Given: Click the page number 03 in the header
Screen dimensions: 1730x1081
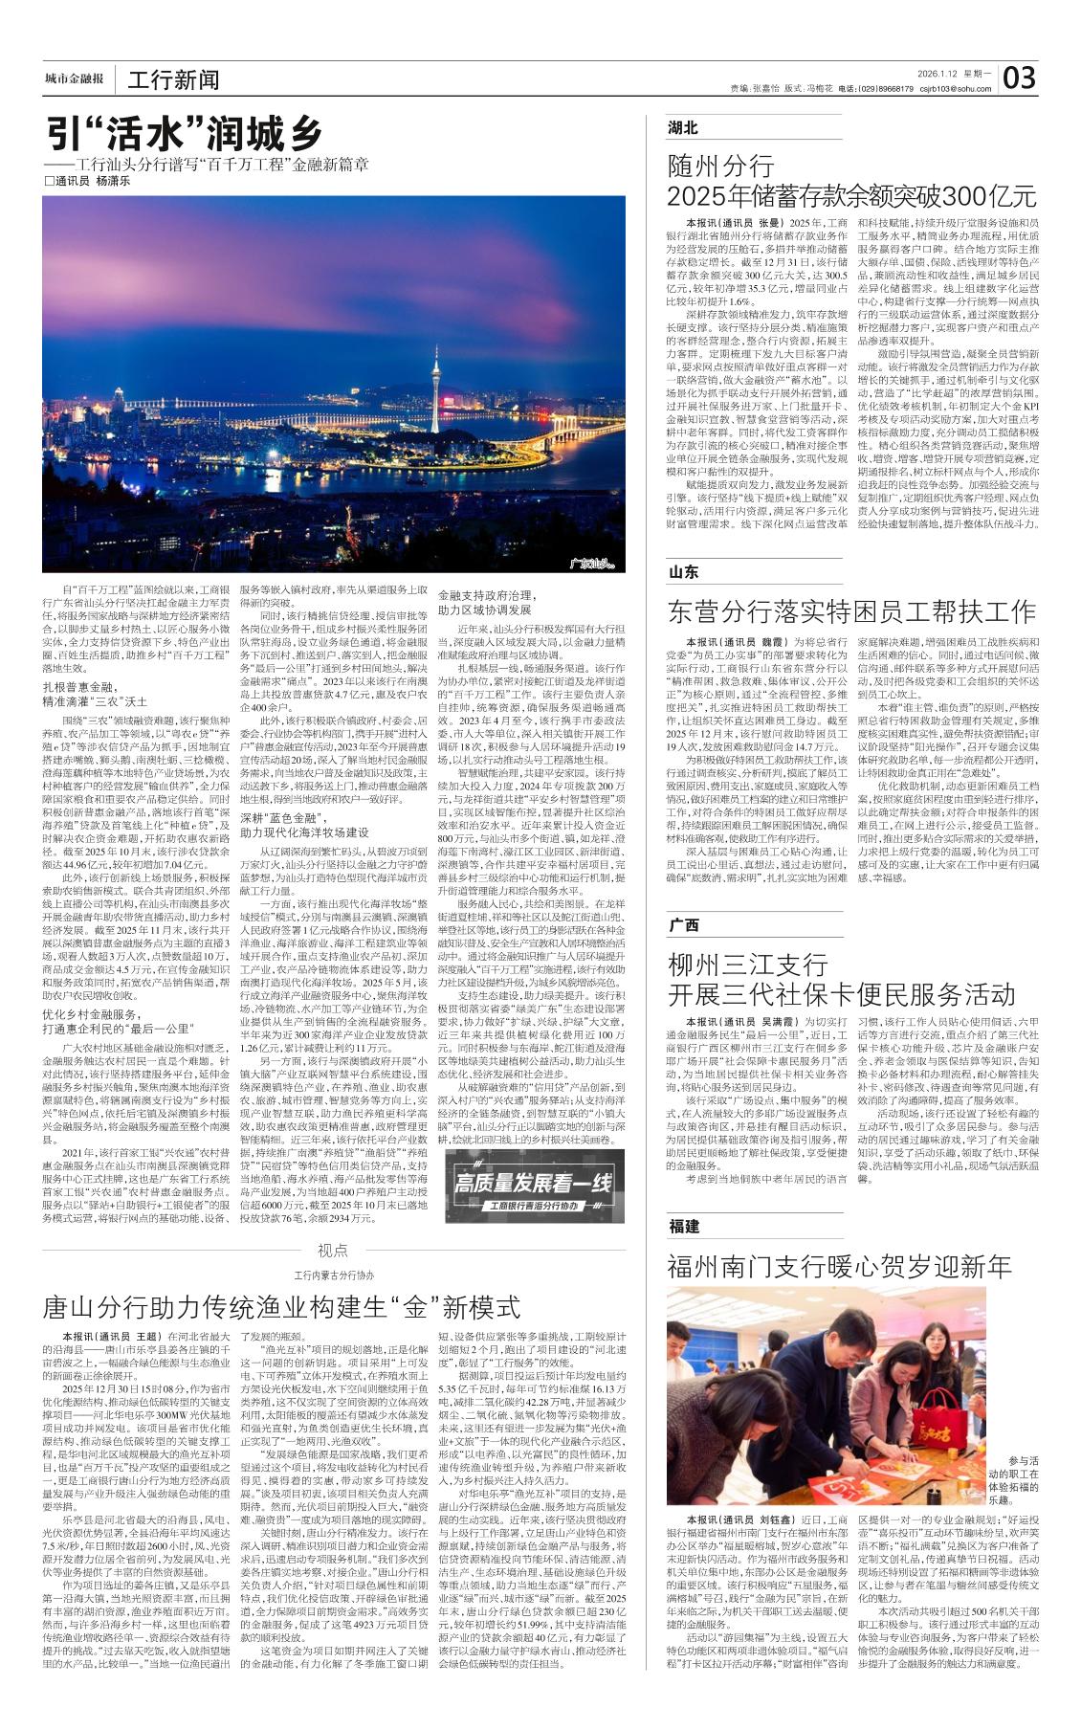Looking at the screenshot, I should tap(1019, 77).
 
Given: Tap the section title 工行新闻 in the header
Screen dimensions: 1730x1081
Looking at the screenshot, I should tap(173, 79).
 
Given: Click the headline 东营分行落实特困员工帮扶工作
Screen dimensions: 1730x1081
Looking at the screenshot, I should tap(851, 611).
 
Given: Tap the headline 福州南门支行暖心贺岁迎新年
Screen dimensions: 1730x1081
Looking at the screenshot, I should tap(839, 1266).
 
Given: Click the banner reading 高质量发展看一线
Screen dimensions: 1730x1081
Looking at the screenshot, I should tap(532, 1187).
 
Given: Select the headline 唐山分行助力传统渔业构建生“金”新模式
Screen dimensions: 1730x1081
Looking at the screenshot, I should tap(281, 1306).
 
